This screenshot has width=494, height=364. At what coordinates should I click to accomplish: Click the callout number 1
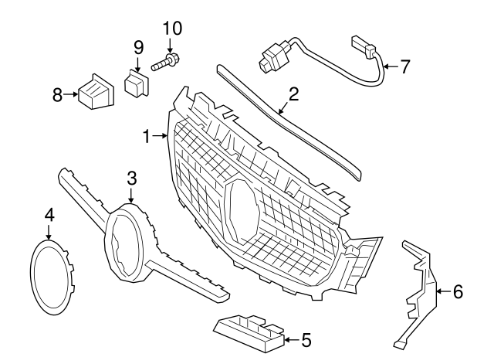click(146, 136)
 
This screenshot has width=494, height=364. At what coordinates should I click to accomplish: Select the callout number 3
click(132, 179)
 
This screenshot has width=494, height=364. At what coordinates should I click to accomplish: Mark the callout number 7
click(405, 66)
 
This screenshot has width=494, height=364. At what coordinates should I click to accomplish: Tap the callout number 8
click(57, 95)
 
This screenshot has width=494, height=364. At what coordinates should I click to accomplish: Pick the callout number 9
click(138, 46)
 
